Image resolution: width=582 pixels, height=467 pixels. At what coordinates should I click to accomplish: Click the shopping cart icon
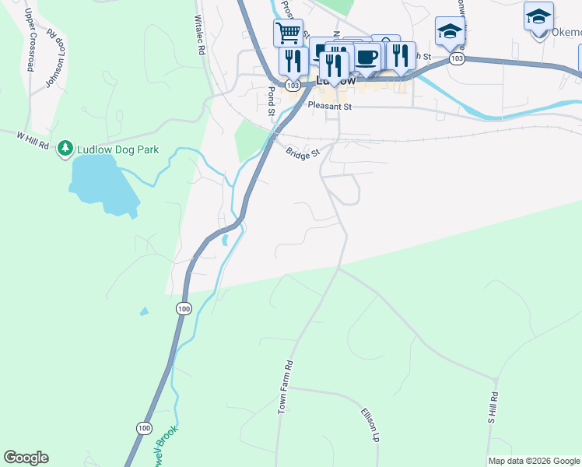pos(288,33)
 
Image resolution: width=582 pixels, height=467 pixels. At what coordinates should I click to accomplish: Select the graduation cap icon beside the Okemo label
pos(538,16)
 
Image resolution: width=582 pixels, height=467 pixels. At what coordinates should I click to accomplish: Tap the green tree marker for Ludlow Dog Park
pos(66,148)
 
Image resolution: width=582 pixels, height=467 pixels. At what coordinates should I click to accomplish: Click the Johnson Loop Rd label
pos(54,59)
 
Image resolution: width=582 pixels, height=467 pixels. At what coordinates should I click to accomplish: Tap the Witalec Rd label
pos(199,35)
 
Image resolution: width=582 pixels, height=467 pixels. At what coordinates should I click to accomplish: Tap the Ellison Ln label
pos(370,425)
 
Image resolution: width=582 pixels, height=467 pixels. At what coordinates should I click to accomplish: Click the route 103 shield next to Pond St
pos(292,85)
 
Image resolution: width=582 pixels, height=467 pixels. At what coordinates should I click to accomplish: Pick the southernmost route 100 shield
pos(143,428)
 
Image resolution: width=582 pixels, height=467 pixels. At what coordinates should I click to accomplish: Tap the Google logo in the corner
pos(26,458)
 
